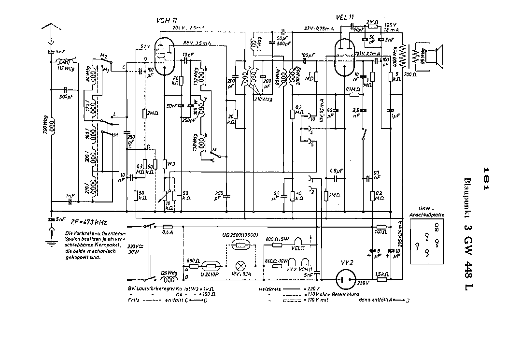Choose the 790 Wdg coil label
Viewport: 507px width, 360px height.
44,127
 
